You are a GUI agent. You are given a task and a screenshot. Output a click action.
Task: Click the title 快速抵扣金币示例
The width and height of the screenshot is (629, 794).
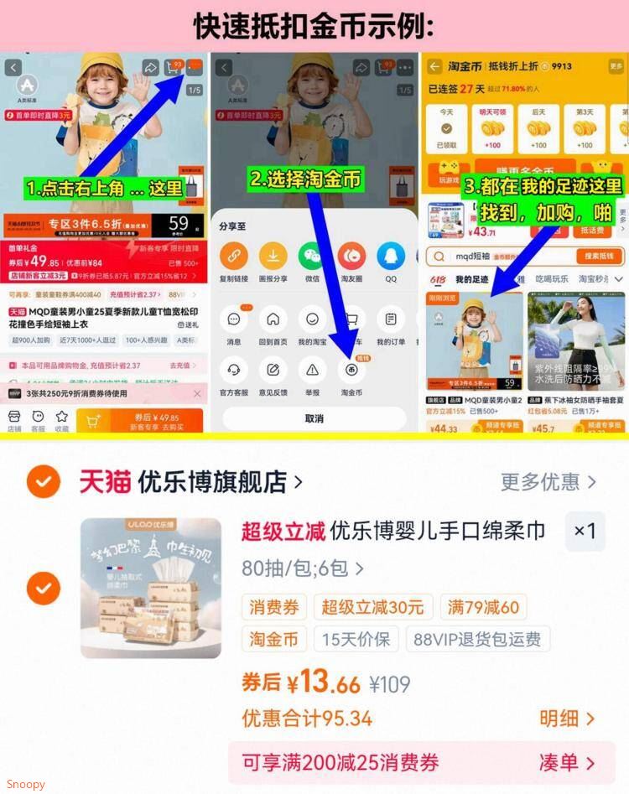[314, 26]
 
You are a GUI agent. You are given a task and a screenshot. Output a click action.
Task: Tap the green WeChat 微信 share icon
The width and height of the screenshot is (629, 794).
[312, 257]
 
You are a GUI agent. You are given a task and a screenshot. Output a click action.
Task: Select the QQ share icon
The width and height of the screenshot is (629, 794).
[391, 257]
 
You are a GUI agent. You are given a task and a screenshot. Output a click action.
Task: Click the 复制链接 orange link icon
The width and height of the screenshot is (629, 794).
[233, 257]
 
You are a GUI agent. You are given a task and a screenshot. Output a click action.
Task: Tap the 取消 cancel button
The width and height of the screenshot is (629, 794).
[314, 418]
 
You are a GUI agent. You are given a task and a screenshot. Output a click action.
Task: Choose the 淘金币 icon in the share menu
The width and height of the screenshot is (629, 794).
[351, 369]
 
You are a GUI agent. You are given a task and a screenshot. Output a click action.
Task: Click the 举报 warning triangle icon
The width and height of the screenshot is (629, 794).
[312, 369]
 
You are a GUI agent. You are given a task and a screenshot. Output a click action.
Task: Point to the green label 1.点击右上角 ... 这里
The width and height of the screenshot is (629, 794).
[105, 189]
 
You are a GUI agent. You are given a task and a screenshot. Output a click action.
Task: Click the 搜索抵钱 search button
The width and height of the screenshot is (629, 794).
[600, 257]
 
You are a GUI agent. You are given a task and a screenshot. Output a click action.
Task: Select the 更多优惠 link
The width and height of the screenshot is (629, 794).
[548, 481]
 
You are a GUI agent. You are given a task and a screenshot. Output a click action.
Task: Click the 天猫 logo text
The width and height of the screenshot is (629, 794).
[105, 481]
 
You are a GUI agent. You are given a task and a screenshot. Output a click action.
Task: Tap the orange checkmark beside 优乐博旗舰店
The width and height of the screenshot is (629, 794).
[43, 481]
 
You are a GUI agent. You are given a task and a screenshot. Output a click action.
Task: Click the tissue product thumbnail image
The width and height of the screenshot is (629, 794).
[151, 588]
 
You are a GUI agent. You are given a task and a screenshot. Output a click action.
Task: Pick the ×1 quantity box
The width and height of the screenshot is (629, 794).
[585, 531]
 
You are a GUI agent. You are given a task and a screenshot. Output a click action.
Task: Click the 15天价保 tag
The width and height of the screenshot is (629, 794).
[356, 639]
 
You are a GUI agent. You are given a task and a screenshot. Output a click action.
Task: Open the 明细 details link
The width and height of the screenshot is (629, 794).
[567, 719]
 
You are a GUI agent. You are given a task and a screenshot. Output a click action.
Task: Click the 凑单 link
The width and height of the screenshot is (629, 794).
[567, 763]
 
